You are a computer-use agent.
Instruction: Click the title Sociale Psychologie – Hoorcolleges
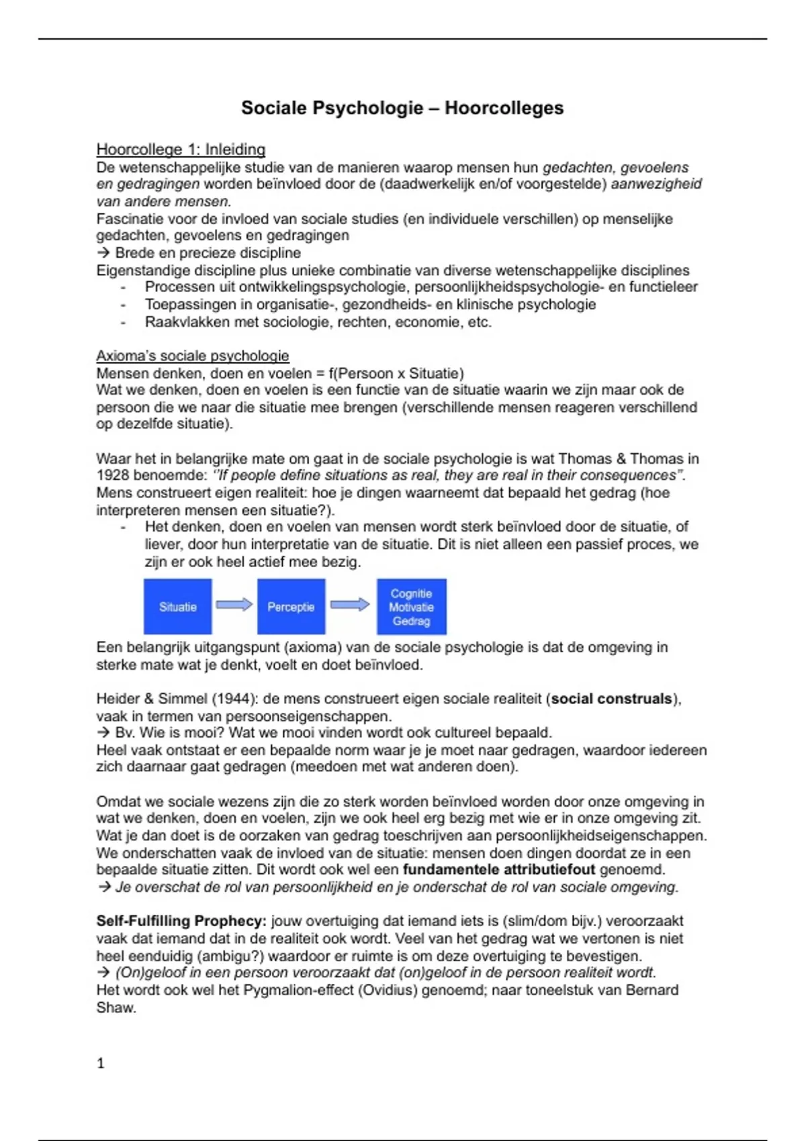point(402,108)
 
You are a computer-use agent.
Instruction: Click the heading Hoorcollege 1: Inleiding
point(181,149)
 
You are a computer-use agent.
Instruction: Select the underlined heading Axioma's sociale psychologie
point(193,356)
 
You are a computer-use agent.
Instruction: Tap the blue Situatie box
point(178,607)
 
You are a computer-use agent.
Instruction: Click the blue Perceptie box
point(291,607)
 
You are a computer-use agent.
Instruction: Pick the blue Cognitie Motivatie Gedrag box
point(411,607)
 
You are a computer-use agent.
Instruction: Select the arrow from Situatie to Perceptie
point(234,605)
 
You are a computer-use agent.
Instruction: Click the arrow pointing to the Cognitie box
point(350,605)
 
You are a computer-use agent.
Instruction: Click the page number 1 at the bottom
point(101,1063)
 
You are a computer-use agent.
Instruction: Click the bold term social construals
point(611,699)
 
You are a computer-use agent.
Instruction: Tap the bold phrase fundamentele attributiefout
point(498,870)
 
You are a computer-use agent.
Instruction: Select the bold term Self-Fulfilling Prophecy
point(181,921)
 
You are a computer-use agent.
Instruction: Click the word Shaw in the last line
point(116,1007)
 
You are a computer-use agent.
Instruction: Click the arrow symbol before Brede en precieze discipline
point(103,253)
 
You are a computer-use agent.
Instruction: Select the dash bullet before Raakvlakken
point(123,322)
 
